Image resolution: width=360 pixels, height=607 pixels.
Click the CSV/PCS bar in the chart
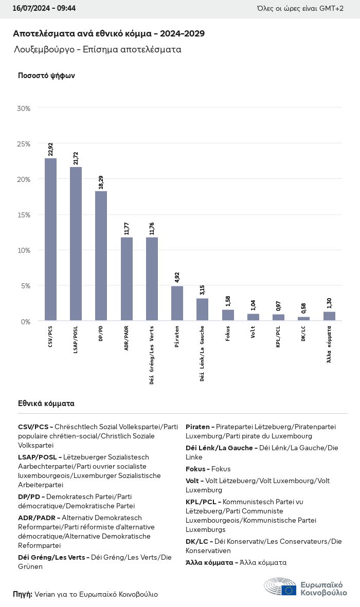pyautogui.click(x=50, y=240)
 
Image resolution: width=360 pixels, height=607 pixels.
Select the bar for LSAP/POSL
pyautogui.click(x=76, y=244)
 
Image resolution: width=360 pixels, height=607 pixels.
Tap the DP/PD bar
pyautogui.click(x=101, y=256)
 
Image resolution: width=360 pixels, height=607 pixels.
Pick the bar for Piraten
pyautogui.click(x=177, y=303)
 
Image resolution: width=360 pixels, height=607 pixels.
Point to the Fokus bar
pyautogui.click(x=228, y=315)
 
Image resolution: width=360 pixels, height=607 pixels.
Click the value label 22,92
pyautogui.click(x=50, y=150)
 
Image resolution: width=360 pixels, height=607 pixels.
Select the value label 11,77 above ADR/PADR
pyautogui.click(x=127, y=228)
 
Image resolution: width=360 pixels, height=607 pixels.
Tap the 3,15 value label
pyautogui.click(x=202, y=289)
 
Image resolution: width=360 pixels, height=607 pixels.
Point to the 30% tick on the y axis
pyautogui.click(x=24, y=108)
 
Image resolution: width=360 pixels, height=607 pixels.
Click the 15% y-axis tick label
pyautogui.click(x=24, y=215)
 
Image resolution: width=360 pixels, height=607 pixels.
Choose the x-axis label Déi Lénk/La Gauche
pyautogui.click(x=202, y=353)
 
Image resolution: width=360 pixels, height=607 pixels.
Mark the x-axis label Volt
pyautogui.click(x=253, y=333)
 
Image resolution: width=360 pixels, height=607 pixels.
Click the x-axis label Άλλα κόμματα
pyautogui.click(x=329, y=342)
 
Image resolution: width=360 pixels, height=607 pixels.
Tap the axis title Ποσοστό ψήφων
pyautogui.click(x=46, y=76)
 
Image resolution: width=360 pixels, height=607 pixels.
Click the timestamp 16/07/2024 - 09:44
pyautogui.click(x=44, y=9)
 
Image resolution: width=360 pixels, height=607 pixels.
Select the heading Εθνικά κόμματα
pyautogui.click(x=46, y=403)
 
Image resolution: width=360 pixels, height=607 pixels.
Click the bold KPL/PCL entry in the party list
pyautogui.click(x=203, y=502)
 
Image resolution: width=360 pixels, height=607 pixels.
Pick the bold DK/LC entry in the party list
pyautogui.click(x=198, y=541)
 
